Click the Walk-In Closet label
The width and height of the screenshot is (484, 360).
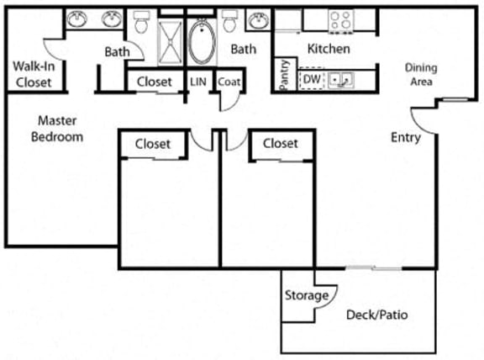pos(32,74)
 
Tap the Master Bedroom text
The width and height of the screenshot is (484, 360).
pos(57,129)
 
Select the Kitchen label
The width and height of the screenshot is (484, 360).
pos(328,49)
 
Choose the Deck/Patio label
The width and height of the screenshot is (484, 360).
pos(376,316)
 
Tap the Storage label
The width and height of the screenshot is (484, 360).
pos(305,295)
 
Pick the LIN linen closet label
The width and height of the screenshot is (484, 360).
pos(198,82)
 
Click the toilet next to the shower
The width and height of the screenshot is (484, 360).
pos(141,24)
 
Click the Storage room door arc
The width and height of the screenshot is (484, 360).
pos(328,296)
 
